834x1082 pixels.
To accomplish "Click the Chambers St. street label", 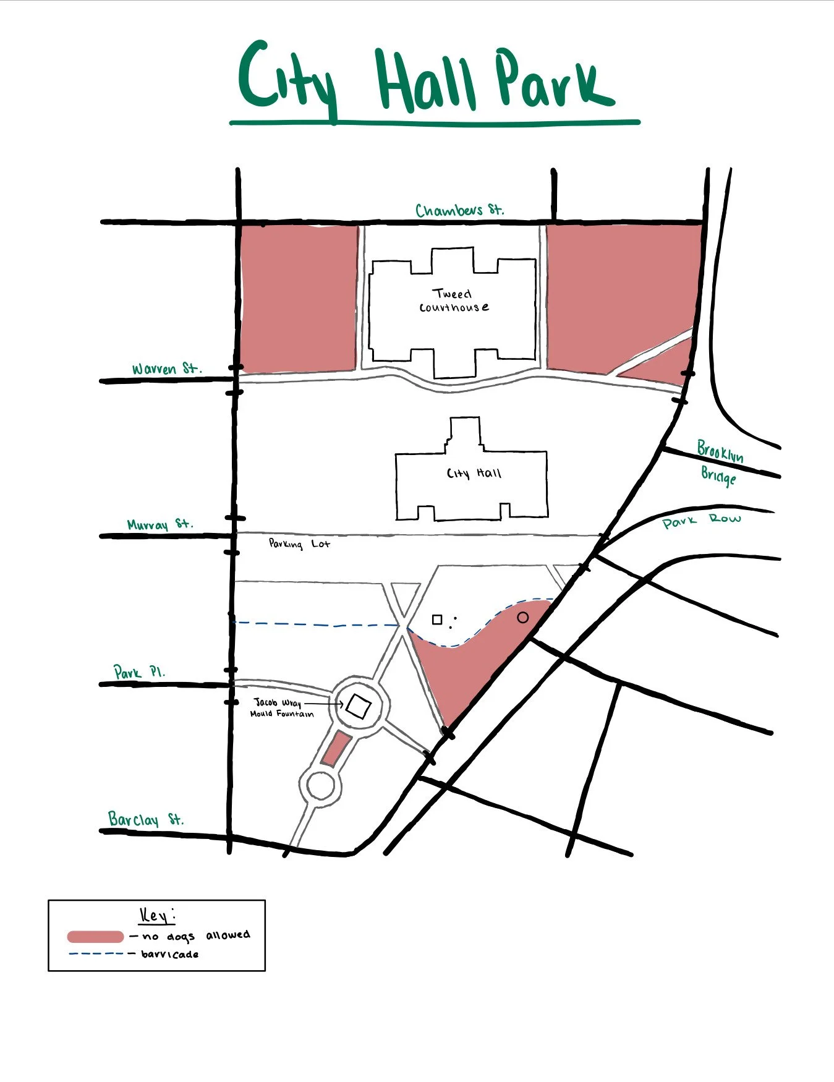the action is coord(459,210).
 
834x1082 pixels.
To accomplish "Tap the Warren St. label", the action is coord(166,369).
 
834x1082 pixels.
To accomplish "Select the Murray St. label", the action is coord(160,525).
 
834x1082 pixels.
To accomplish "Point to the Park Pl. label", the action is coord(139,672).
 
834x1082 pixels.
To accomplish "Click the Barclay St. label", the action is coord(146,820).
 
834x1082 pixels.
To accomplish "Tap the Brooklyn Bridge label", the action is coord(719,463).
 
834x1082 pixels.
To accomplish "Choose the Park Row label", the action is coord(701,521).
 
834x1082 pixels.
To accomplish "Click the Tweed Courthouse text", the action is coord(454,300).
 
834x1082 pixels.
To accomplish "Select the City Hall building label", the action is coord(474,474).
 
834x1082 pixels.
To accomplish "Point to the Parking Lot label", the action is coord(299,544).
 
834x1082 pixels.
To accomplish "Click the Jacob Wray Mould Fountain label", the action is coord(282,708).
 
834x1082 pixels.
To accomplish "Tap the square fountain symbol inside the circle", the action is coord(358,706).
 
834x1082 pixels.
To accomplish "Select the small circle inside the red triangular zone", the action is coord(522,617).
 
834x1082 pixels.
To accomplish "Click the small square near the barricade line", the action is coord(437,620).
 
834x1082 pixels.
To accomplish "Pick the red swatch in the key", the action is coord(95,937).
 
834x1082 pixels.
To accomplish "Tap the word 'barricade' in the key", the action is coord(169,954).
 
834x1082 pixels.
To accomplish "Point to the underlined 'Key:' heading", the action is coord(156,916).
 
